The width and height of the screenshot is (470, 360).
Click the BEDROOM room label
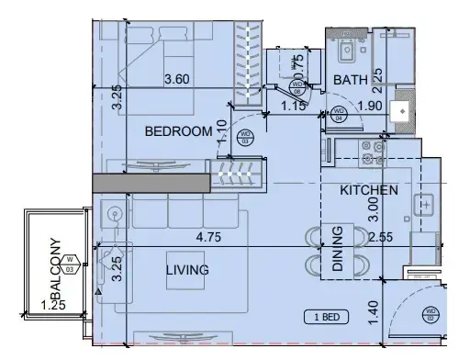pos(179,132)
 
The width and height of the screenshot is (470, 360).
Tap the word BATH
pos(350,81)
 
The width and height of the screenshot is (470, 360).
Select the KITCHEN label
pos(368,191)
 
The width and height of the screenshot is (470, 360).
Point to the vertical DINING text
pos(337,249)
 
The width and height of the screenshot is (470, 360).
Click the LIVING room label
pos(187,270)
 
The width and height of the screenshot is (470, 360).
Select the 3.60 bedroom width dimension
pos(177,80)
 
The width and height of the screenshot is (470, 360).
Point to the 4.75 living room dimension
pos(212,236)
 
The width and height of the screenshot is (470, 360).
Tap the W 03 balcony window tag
pos(80,266)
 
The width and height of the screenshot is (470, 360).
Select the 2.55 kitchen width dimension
pos(380,236)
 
